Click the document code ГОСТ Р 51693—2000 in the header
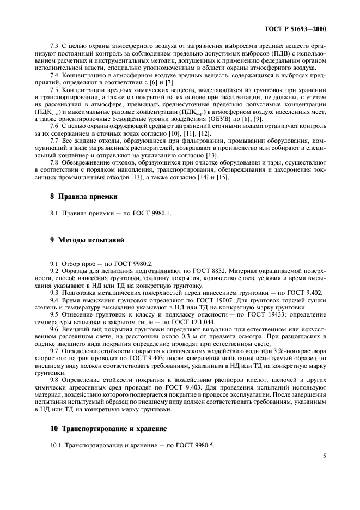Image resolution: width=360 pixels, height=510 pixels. (x=302, y=29)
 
